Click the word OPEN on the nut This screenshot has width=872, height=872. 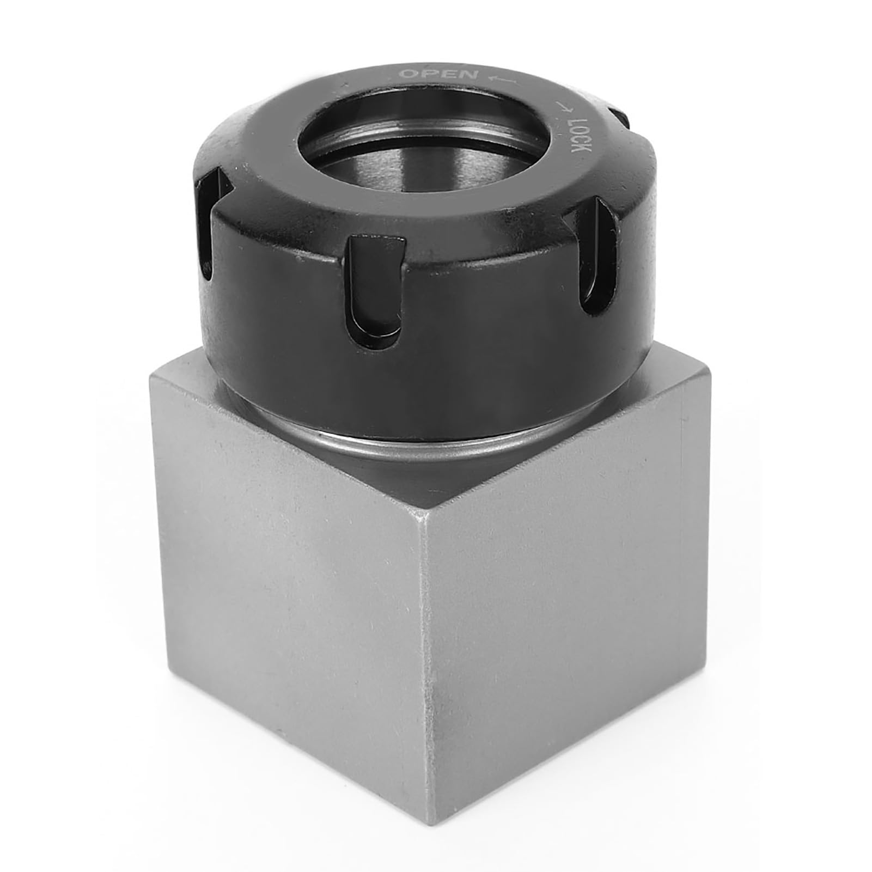(x=438, y=75)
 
